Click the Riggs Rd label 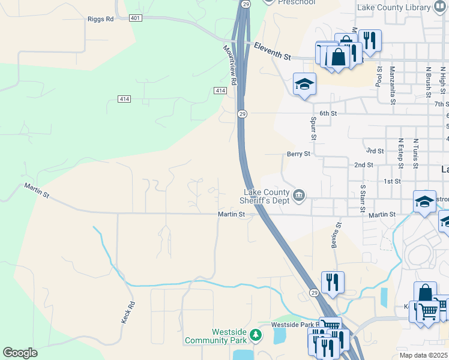(100, 19)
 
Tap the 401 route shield (135, 19)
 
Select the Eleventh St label (272, 52)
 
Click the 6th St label (328, 113)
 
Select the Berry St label (298, 154)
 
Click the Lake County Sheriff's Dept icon (298, 195)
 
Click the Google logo (20, 353)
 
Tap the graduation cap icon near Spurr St (304, 84)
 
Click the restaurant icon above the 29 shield (331, 281)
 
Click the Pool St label (379, 77)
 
